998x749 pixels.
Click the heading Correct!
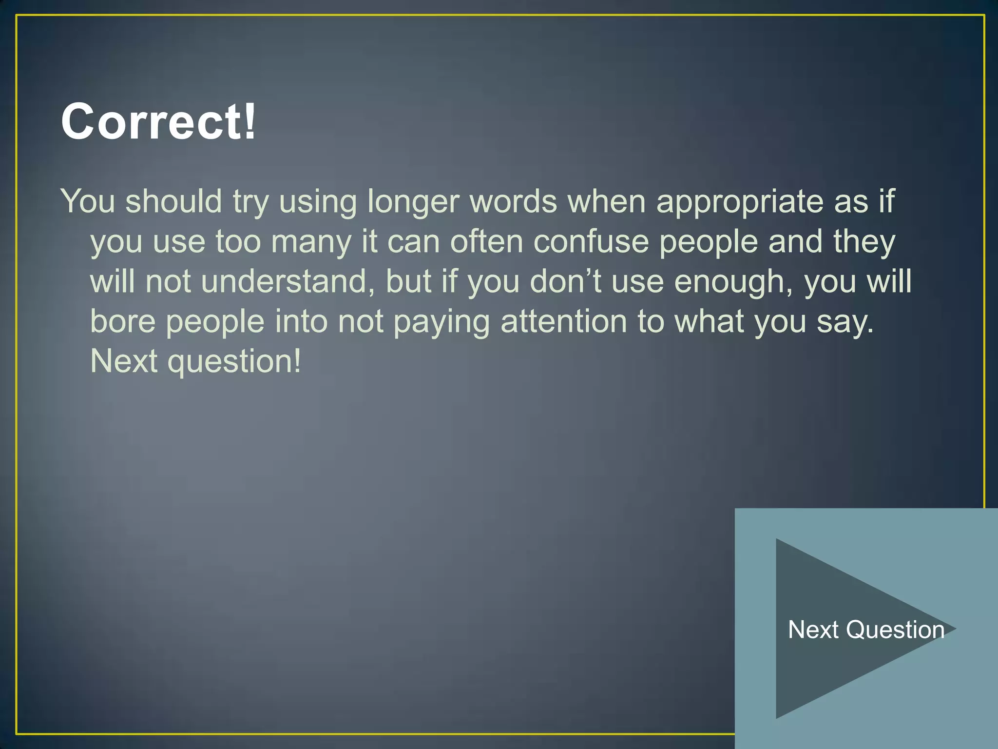[x=158, y=122]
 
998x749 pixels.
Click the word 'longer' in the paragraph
[x=413, y=201]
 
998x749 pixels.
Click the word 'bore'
[x=123, y=322]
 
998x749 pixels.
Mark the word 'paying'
[x=441, y=322]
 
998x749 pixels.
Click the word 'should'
[x=173, y=201]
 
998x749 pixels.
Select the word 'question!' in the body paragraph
[x=234, y=362]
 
